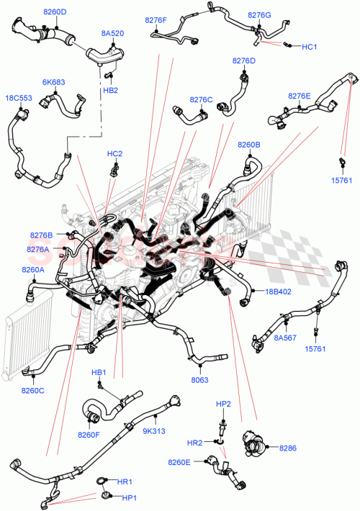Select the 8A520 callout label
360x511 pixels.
pos(112,33)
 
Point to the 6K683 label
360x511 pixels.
pos(54,83)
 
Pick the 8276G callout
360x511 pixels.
pos(259,14)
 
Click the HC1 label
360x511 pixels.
pos(310,47)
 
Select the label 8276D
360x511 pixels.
pos(244,61)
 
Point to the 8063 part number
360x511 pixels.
pos(200,380)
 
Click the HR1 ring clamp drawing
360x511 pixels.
pos(102,480)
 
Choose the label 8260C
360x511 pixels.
pos(33,391)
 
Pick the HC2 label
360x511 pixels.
pos(114,153)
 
